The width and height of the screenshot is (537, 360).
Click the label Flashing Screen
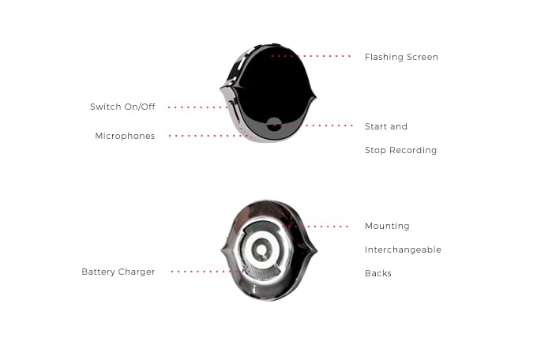(401, 57)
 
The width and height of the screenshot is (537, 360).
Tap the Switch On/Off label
(122, 107)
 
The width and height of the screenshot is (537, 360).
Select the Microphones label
(125, 136)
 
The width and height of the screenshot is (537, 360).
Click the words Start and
(386, 126)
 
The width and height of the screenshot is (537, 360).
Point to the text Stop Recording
(400, 150)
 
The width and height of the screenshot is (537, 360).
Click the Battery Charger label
(118, 272)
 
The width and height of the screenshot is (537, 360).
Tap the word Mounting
(387, 226)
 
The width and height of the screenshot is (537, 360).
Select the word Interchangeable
(403, 249)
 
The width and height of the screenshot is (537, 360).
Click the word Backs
(378, 273)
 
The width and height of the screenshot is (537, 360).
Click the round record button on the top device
(274, 124)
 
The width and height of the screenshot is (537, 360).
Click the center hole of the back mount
(261, 249)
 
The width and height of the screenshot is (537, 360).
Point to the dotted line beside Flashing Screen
(310, 56)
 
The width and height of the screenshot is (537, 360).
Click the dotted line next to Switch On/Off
(198, 107)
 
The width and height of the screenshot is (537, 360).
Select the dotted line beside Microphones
(208, 136)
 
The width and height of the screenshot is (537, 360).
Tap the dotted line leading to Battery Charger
(210, 272)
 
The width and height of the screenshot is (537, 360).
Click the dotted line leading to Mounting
(305, 227)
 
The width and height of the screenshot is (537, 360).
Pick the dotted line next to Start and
(313, 126)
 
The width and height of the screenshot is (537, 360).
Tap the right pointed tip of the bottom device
(317, 250)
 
